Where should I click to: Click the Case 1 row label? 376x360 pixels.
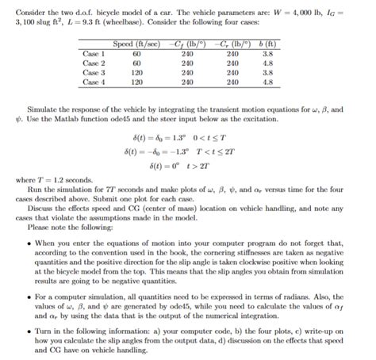[94, 53]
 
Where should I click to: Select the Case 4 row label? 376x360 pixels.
[94, 81]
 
